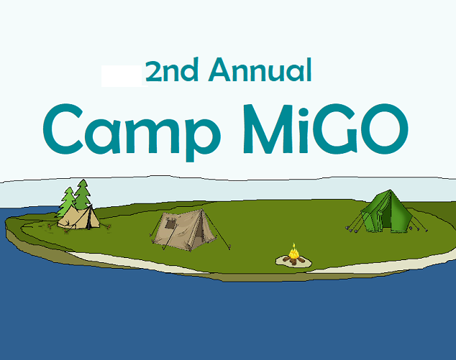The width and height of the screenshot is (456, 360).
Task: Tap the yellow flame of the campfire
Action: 293,252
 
